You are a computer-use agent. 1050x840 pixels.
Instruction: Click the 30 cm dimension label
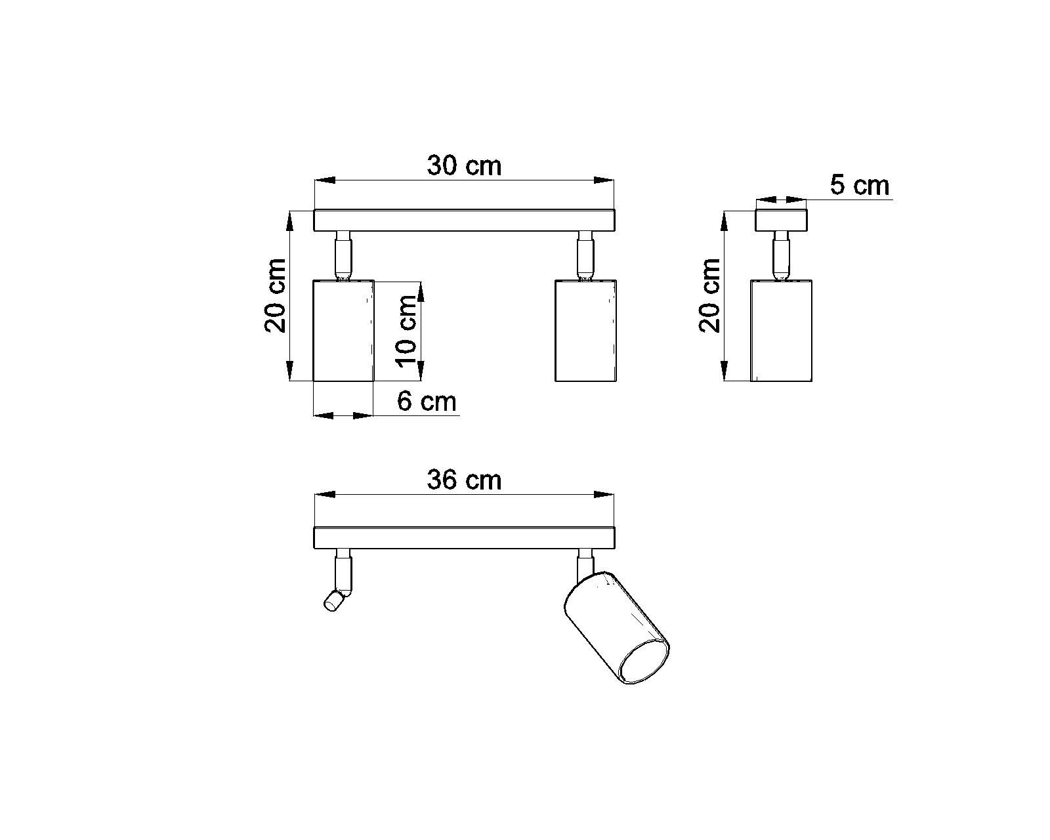tap(464, 166)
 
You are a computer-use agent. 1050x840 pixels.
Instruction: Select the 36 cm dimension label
tap(464, 480)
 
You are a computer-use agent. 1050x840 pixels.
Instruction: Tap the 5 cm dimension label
tap(860, 186)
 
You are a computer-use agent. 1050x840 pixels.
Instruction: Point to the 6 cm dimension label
tap(427, 402)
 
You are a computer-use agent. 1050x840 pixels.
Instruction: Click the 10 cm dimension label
tap(406, 331)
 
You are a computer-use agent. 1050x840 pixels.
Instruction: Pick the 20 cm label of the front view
tap(275, 296)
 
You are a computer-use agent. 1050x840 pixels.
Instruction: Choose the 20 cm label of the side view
tap(709, 296)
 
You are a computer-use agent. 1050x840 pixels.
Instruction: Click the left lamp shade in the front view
tap(343, 331)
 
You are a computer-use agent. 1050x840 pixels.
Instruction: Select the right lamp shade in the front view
tap(585, 331)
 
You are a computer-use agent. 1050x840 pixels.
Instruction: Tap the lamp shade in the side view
tap(781, 331)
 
